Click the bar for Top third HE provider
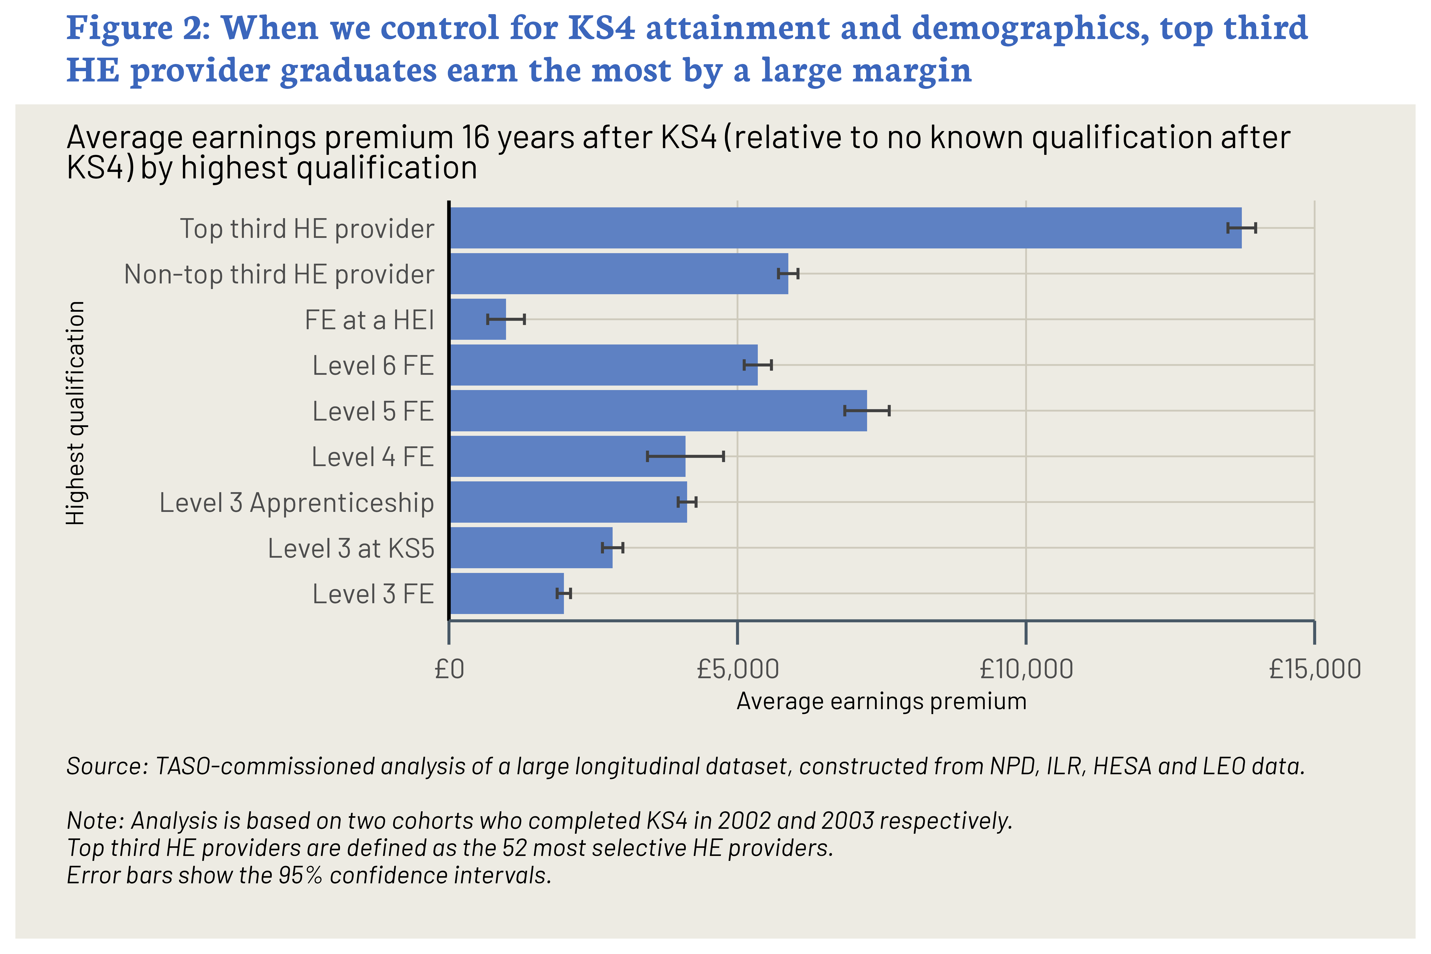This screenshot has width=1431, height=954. [844, 228]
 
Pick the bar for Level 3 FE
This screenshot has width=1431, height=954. [506, 593]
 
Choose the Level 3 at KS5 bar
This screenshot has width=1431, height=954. [530, 548]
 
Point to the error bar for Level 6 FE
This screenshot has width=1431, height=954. [758, 365]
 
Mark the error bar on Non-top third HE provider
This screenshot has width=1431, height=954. [788, 274]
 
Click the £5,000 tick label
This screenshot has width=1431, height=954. [737, 669]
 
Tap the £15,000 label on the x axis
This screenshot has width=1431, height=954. [1314, 669]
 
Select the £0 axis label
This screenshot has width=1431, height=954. [450, 669]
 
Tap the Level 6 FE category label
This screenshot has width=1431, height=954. [373, 366]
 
